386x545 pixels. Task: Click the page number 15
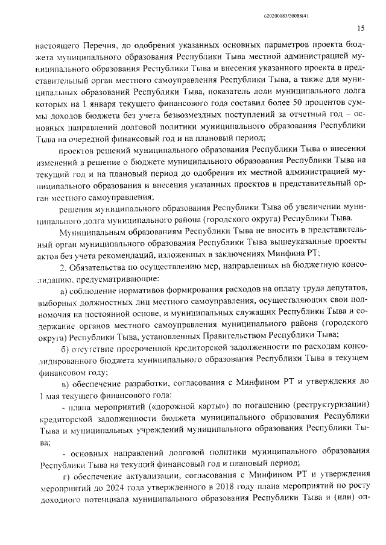click(x=361, y=28)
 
